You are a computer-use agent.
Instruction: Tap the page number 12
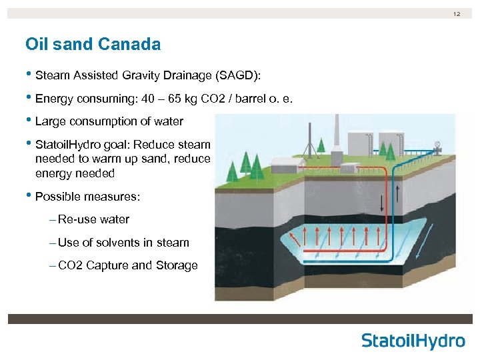click(x=457, y=13)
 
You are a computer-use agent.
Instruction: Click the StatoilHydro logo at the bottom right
click(x=413, y=341)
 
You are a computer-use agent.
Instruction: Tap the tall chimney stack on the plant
click(x=338, y=133)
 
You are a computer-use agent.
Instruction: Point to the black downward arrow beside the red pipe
click(x=381, y=202)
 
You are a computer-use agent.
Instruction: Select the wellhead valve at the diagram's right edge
click(x=437, y=145)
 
